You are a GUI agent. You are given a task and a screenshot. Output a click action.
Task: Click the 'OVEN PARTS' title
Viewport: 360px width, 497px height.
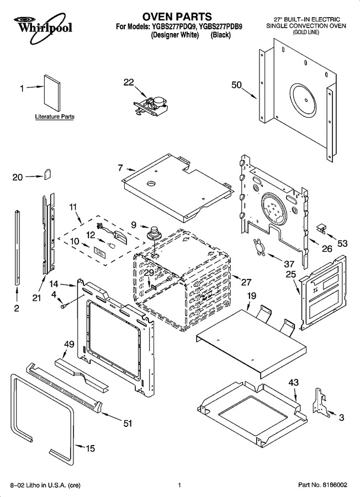pyautogui.click(x=177, y=16)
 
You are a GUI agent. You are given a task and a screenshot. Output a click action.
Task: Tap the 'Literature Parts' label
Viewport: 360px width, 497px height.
pyautogui.click(x=55, y=117)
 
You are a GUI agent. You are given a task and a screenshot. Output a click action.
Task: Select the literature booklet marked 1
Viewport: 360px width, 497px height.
pyautogui.click(x=52, y=94)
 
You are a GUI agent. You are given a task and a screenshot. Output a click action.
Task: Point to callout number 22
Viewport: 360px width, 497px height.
pyautogui.click(x=129, y=82)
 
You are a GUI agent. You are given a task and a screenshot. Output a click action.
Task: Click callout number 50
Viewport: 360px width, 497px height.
pyautogui.click(x=236, y=85)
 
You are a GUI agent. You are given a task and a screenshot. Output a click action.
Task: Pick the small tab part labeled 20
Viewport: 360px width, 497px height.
pyautogui.click(x=47, y=174)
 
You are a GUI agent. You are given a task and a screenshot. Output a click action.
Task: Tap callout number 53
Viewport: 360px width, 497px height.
pyautogui.click(x=342, y=244)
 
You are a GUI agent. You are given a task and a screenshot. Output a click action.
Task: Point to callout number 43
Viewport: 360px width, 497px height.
pyautogui.click(x=293, y=383)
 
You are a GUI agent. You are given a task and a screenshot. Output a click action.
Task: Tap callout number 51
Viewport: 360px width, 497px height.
pyautogui.click(x=128, y=423)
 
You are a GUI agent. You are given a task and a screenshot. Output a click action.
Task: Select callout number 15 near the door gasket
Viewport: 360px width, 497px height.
pyautogui.click(x=91, y=448)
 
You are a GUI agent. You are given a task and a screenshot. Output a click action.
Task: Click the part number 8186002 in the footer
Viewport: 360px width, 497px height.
pyautogui.click(x=335, y=485)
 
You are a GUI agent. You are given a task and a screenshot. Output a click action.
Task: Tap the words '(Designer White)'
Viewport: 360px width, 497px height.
pyautogui.click(x=174, y=35)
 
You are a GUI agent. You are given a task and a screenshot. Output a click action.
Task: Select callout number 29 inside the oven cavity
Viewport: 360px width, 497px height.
pyautogui.click(x=149, y=273)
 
